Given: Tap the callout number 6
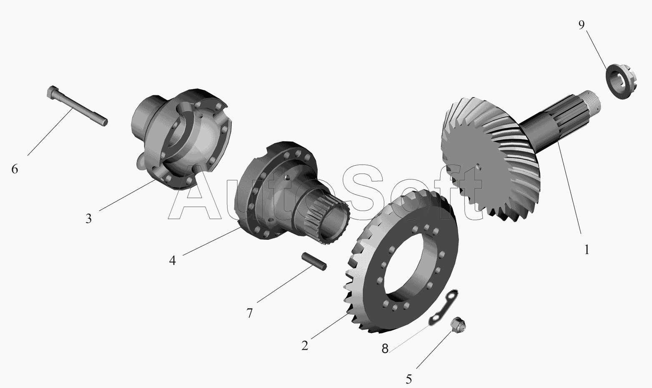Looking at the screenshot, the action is [15, 169].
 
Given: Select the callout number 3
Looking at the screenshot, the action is [88, 219].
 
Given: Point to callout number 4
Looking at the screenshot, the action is [172, 261].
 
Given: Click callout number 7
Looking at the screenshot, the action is [249, 313].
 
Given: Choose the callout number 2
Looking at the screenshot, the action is [305, 346].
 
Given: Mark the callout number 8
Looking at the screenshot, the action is [385, 348].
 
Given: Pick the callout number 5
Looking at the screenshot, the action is [409, 379].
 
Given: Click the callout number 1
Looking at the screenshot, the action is [587, 250].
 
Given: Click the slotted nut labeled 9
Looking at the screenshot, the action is [622, 82].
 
